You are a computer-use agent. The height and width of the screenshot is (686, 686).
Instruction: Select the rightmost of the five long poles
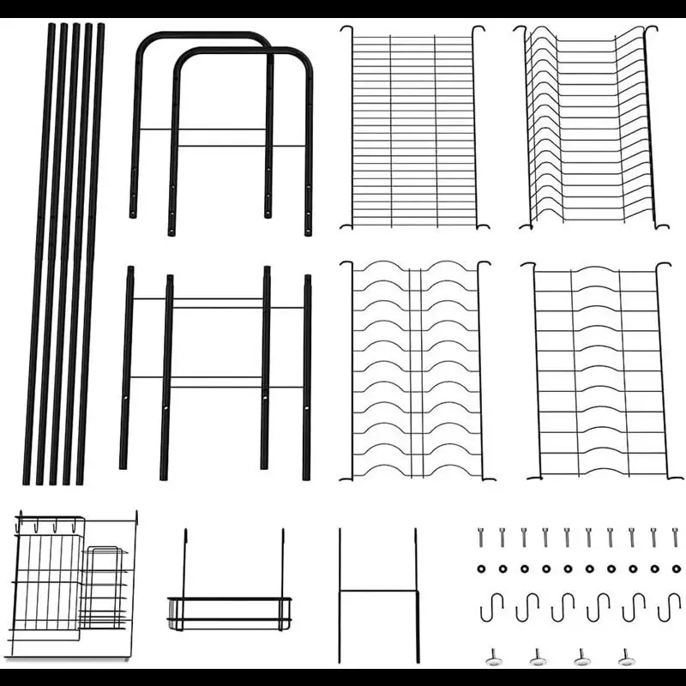pos(93,257)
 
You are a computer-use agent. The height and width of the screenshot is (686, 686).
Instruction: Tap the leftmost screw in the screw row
pos(481,538)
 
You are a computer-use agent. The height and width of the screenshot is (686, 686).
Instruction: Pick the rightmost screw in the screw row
pos(675,538)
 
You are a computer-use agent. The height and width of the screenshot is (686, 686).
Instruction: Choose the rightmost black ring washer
pos(676,569)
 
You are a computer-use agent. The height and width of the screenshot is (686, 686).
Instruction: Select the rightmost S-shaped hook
pos(669,607)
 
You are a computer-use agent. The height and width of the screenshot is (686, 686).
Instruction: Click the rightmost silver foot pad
pos(627,658)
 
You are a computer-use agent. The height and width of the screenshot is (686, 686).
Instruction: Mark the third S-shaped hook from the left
pos(563,607)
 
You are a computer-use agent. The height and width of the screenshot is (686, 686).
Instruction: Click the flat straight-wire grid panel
pos(413,129)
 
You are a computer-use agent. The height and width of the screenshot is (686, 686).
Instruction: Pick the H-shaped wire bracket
pos(377,592)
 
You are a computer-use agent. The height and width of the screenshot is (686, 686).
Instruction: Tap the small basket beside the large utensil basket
pos(105,587)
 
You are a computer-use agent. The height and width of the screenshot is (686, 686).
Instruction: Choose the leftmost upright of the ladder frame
pos(127,369)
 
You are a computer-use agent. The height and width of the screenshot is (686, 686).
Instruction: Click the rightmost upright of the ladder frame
pos(307,377)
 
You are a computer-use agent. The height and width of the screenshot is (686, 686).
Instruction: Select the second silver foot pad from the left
pos(538,658)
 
